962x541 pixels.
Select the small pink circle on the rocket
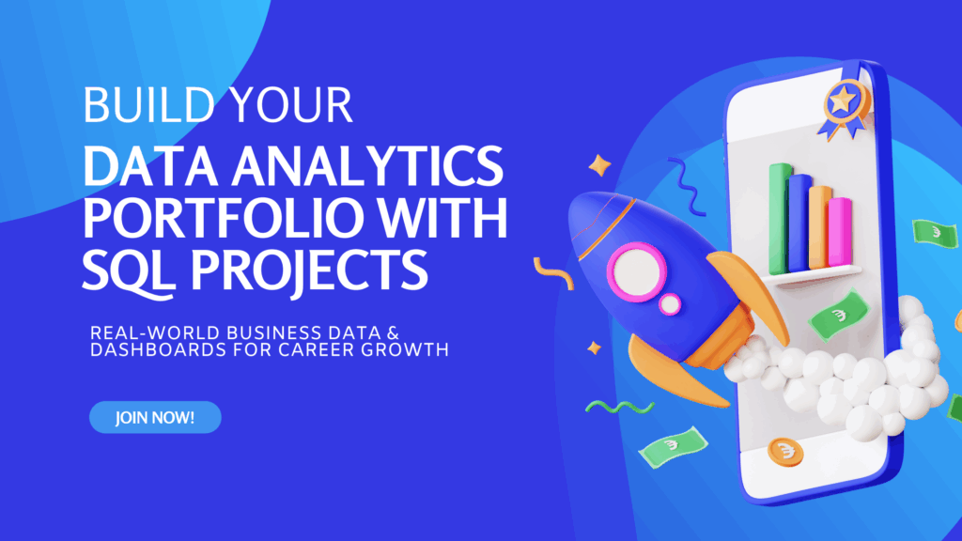tap(669, 304)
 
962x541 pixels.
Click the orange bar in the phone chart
tap(820, 225)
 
